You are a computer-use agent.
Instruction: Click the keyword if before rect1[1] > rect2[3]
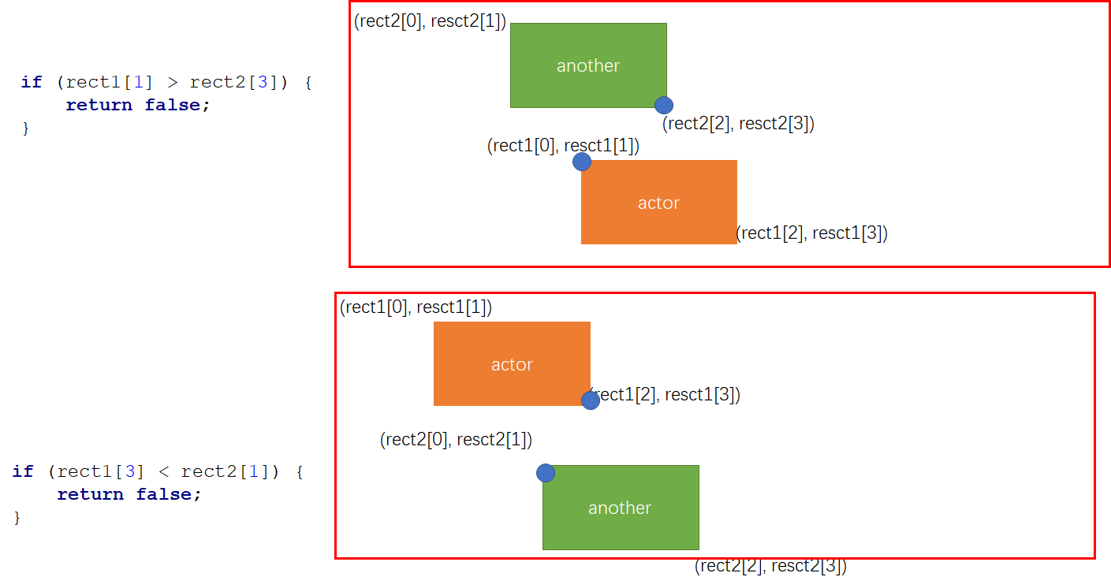31,82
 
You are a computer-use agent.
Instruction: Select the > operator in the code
173,82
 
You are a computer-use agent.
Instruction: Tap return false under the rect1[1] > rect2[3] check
138,105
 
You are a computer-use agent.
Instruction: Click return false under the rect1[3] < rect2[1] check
129,494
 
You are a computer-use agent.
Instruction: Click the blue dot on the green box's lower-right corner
664,105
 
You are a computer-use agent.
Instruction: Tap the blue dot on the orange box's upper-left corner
582,162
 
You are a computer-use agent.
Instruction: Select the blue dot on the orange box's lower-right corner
591,400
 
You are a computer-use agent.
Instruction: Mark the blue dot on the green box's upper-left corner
546,473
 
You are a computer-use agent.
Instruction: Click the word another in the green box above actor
588,66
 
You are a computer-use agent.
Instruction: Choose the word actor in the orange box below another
658,203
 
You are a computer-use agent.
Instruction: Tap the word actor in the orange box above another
512,365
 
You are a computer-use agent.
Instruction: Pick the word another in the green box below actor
620,508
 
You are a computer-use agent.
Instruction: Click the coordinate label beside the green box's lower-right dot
738,124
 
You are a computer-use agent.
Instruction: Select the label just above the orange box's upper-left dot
563,146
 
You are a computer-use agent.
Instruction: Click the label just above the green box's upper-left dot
456,440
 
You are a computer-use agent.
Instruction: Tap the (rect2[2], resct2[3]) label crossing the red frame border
770,566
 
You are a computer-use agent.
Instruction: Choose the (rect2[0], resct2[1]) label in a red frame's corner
430,21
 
